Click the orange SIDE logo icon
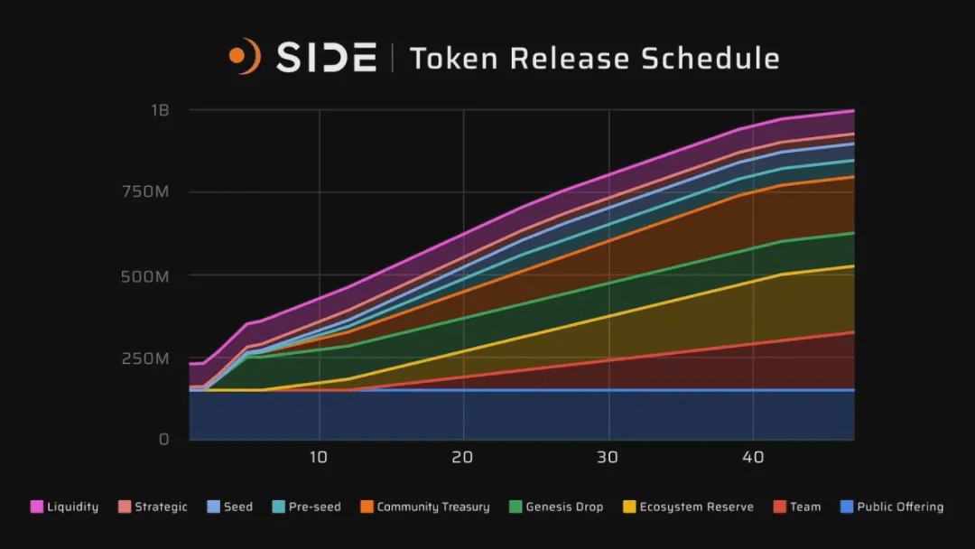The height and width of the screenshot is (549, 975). [244, 56]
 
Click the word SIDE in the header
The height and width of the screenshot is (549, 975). [326, 58]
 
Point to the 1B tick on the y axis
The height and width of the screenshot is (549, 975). [160, 110]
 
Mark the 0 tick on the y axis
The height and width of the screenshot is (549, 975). [163, 440]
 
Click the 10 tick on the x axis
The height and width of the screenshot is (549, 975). [318, 458]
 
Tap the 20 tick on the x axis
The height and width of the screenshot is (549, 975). [463, 458]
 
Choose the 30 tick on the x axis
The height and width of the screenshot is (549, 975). [608, 458]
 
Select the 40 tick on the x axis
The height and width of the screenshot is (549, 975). [754, 458]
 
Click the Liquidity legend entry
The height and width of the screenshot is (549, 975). [65, 507]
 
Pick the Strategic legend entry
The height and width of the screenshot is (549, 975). [153, 507]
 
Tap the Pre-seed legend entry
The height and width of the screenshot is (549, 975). [307, 507]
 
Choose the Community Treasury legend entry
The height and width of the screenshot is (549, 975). [425, 507]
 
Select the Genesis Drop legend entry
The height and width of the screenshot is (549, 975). [556, 507]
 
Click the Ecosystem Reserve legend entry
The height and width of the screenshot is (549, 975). [688, 507]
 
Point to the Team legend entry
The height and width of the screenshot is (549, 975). [797, 507]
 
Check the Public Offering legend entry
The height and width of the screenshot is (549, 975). [891, 507]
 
